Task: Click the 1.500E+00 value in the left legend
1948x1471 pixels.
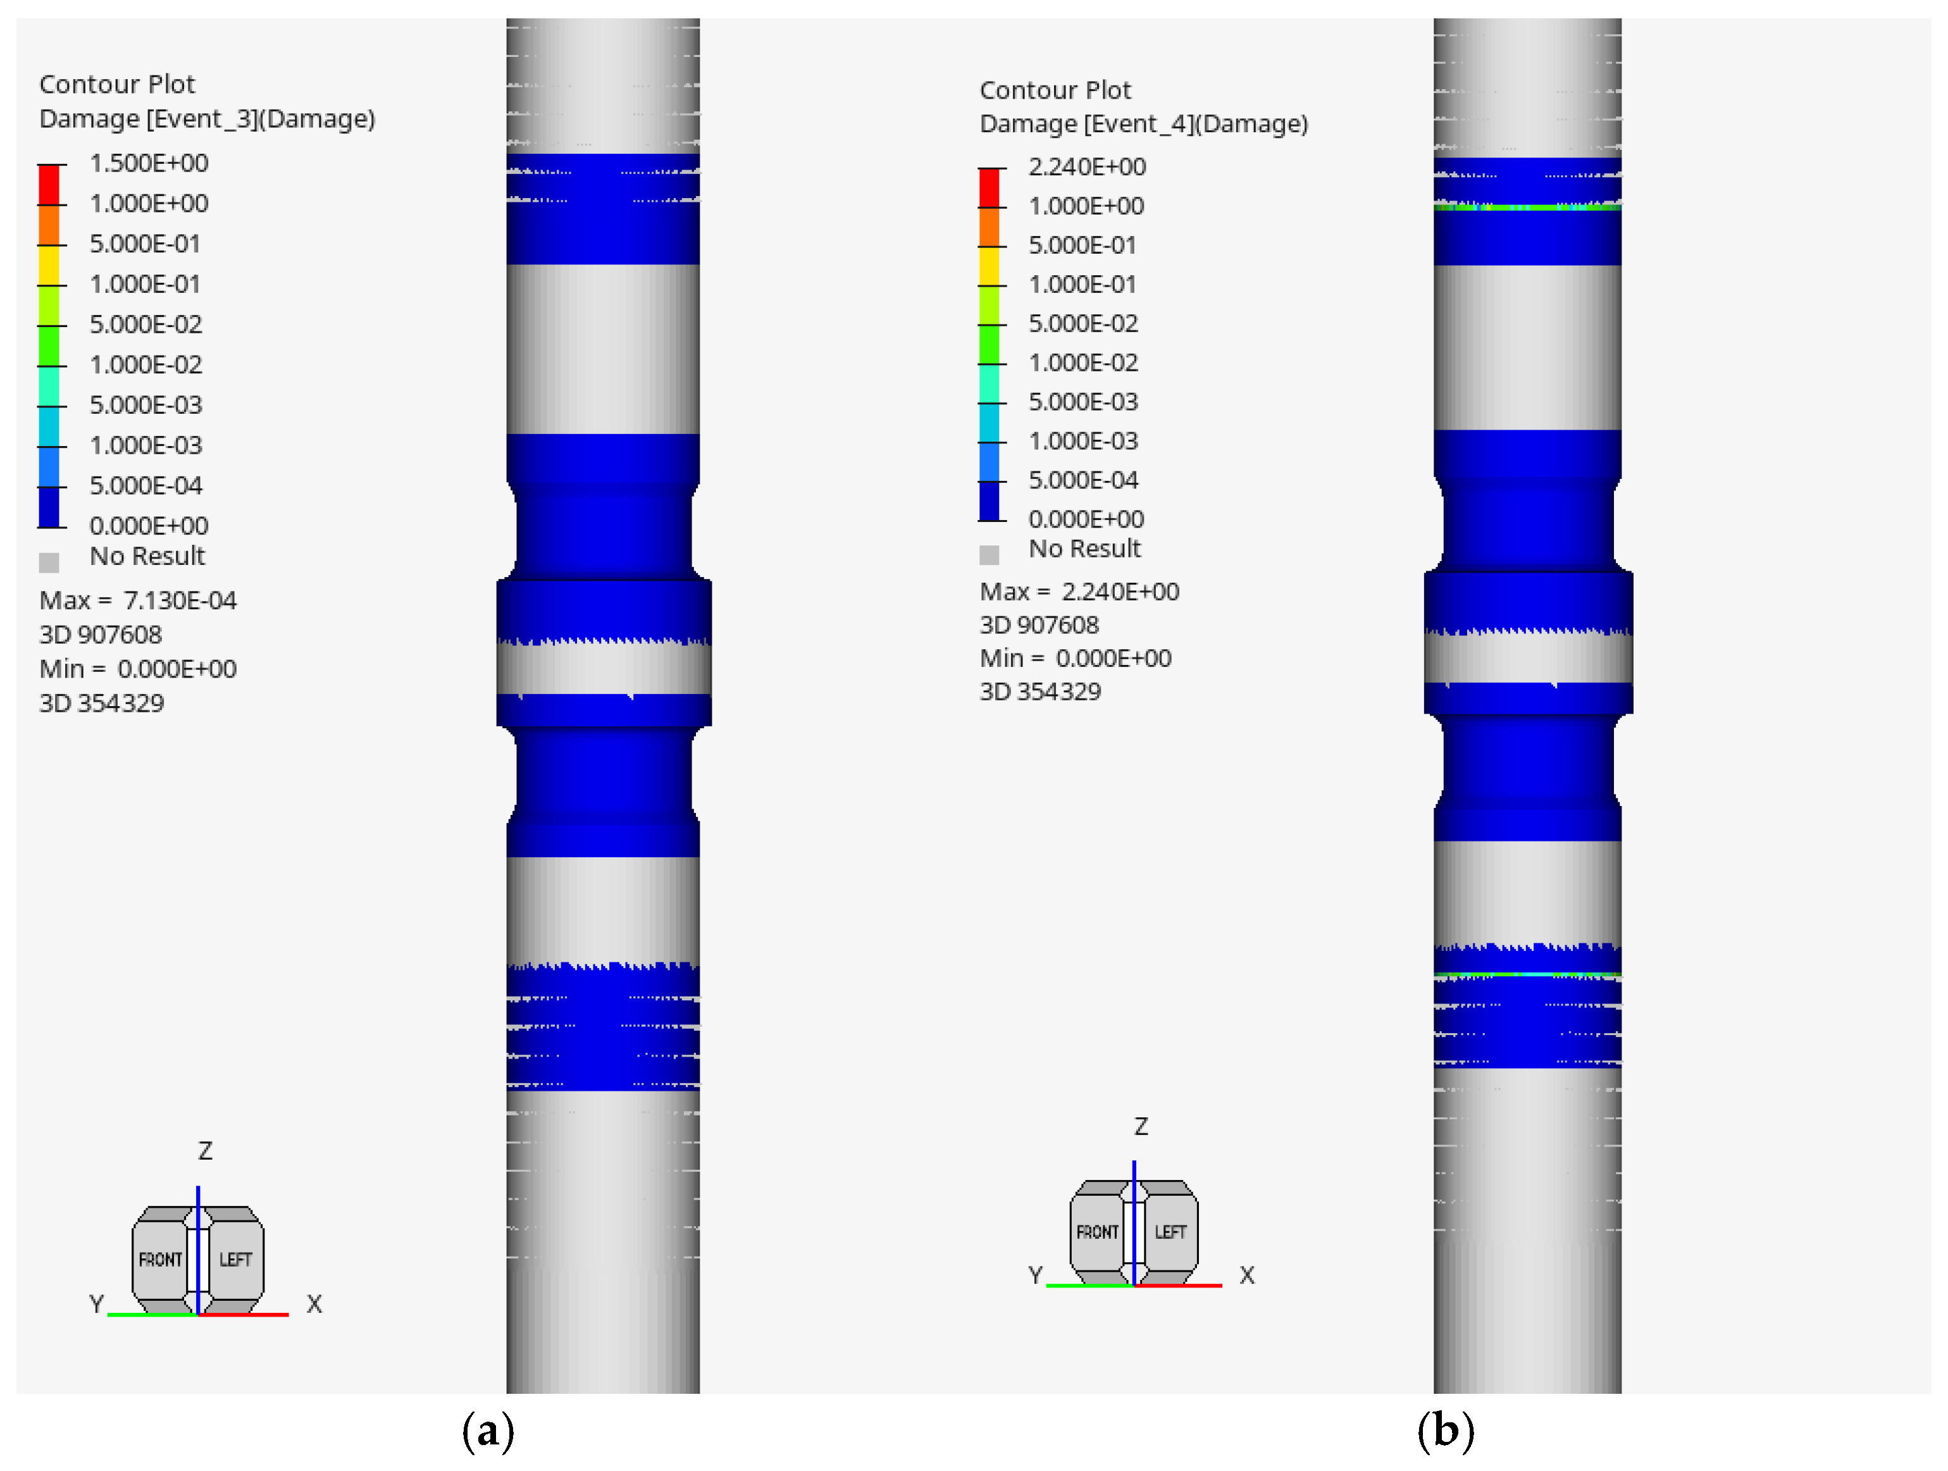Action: click(149, 163)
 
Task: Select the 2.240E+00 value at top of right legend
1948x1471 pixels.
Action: click(1087, 166)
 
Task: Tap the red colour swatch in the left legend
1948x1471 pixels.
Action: click(49, 185)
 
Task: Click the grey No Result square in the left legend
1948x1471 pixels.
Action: click(49, 562)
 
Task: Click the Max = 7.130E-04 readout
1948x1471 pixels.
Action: click(139, 600)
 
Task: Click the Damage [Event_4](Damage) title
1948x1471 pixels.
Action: click(1144, 124)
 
